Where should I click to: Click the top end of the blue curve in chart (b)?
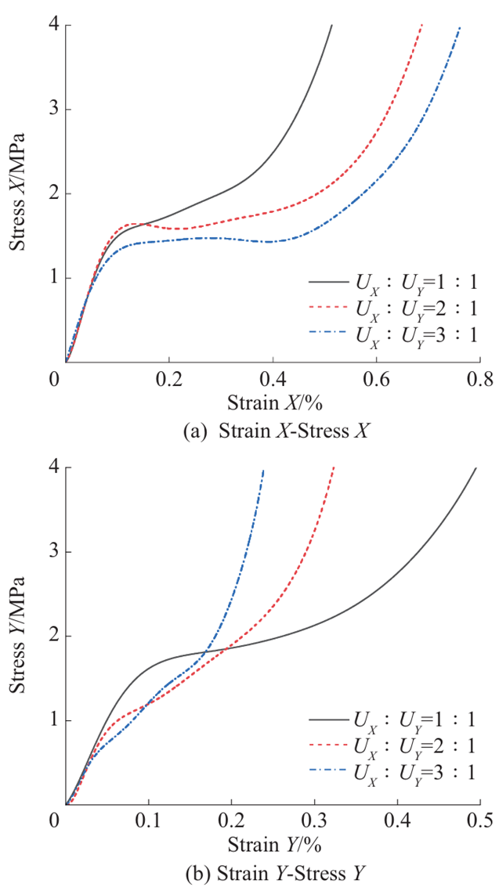(263, 470)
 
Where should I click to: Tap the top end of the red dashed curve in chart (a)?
(422, 25)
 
